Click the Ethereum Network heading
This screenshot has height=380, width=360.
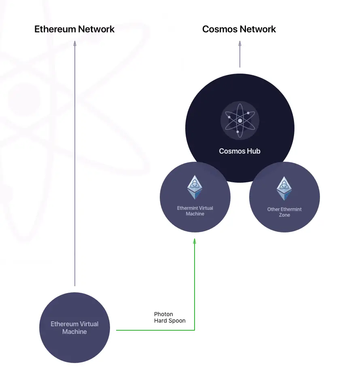pos(74,29)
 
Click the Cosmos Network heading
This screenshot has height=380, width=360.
pos(239,29)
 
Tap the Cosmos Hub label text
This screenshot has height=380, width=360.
pos(239,151)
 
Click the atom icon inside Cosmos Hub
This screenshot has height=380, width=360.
pos(240,120)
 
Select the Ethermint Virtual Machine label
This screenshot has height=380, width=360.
pos(195,211)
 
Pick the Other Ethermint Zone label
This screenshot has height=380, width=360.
pos(284,212)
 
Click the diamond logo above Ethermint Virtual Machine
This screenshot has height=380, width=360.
pos(195,187)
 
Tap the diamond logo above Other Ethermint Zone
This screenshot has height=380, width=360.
pos(284,188)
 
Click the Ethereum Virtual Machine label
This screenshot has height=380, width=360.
pos(74,328)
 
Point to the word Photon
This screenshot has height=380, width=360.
pos(163,314)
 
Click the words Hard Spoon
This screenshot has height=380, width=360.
pos(170,321)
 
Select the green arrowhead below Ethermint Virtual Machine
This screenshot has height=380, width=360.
pos(195,241)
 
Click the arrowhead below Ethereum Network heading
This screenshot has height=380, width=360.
pos(74,44)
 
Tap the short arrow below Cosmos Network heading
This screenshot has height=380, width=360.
pos(240,55)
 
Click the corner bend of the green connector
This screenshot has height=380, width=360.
pos(195,330)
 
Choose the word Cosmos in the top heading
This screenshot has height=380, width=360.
pos(220,29)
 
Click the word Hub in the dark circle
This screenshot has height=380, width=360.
pos(254,151)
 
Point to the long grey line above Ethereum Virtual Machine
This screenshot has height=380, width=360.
pos(74,162)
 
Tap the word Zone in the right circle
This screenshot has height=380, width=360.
pos(284,215)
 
